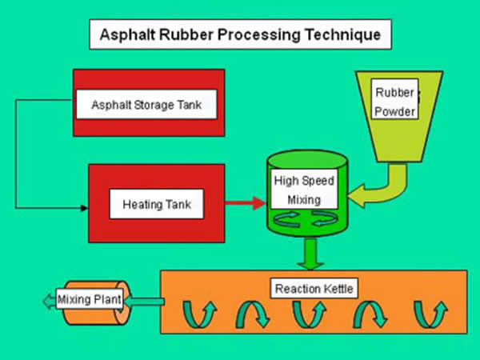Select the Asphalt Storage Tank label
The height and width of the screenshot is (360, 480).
coord(146,105)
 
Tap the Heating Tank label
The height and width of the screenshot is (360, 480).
coord(157,204)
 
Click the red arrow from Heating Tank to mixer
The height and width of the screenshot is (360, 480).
coord(246,202)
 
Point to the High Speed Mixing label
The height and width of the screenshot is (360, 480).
coord(304,189)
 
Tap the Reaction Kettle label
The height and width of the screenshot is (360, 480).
coord(314,288)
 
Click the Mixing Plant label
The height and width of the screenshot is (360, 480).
coord(90,299)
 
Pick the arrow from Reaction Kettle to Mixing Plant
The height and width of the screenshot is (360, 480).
coord(144,302)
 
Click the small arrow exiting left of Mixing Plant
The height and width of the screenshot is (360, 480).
coord(50,302)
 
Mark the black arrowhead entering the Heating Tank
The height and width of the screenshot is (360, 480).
coord(84,208)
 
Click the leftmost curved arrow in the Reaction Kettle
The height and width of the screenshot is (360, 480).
coord(199,314)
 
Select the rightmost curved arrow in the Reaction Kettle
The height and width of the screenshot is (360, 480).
coord(430,314)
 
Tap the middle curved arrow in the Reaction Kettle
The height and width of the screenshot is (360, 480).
coord(310,314)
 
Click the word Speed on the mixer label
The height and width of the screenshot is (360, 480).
coord(320,181)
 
